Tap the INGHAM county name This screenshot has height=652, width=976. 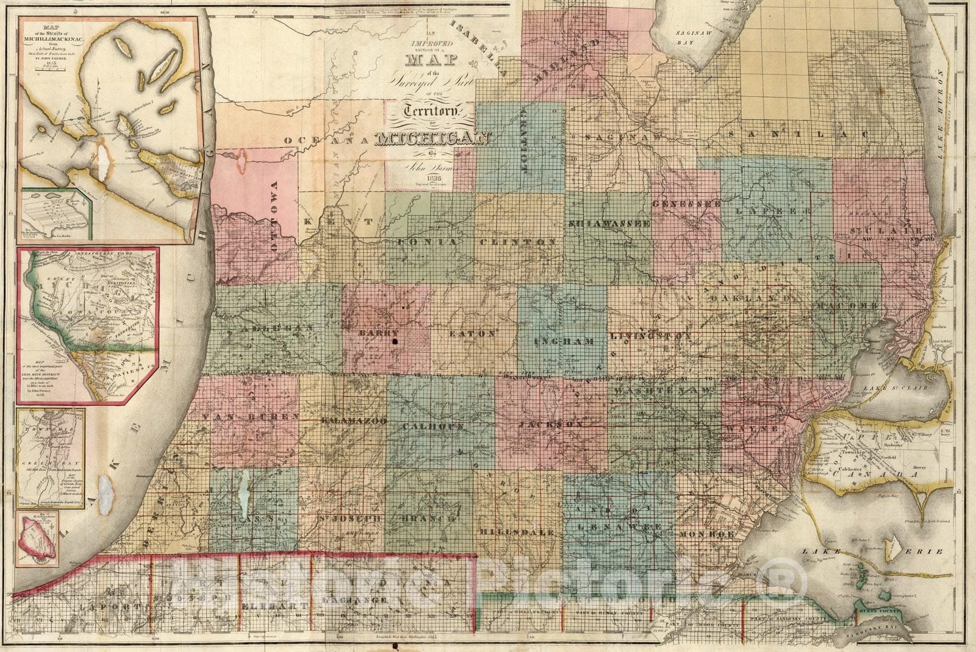(x=564, y=342)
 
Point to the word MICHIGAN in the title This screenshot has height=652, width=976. (x=434, y=140)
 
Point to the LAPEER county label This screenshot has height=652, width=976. (x=770, y=210)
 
